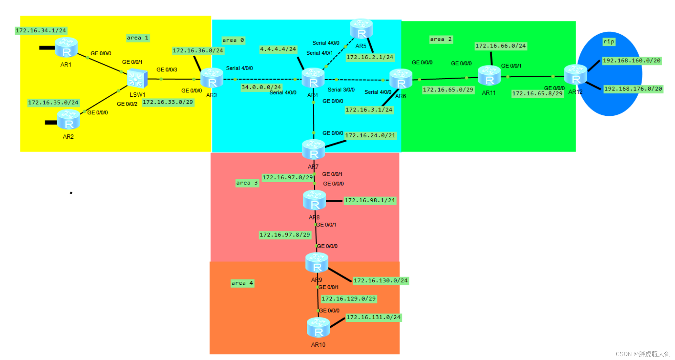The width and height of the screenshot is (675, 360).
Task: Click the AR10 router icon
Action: [318, 328]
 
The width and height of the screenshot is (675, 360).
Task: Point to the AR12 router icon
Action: [576, 74]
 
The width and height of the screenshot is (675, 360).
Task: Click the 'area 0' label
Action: [233, 40]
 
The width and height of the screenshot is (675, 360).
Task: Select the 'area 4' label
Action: [242, 283]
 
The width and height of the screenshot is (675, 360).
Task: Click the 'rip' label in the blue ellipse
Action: [608, 42]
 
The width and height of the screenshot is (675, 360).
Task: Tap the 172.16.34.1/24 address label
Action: [41, 31]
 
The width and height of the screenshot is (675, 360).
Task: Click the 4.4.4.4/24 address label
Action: [278, 49]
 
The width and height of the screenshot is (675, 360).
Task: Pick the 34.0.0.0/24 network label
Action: [261, 87]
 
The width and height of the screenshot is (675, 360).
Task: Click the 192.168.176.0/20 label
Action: [633, 89]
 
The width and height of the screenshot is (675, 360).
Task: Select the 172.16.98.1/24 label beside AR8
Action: [369, 200]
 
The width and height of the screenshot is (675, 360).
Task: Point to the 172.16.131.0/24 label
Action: [373, 317]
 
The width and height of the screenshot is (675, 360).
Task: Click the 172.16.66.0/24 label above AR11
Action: [500, 46]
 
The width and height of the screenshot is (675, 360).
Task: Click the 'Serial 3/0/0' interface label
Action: [341, 90]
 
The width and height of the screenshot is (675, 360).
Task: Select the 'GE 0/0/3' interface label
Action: [167, 69]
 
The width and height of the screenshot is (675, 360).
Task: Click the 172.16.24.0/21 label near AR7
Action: [370, 135]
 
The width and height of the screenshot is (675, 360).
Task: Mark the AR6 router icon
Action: [401, 79]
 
